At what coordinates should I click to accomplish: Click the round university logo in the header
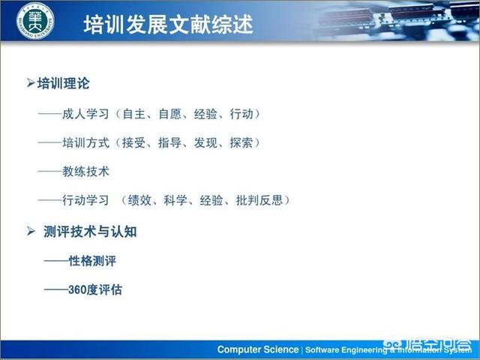[x=35, y=21]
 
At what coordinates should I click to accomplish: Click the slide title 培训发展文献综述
[x=168, y=24]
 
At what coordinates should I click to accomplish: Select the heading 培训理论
[x=63, y=83]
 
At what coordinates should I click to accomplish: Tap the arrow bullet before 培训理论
[x=30, y=82]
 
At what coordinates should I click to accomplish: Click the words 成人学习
[x=85, y=114]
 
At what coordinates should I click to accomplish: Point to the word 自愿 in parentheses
[x=170, y=114]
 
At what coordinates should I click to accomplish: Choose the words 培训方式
[x=85, y=142]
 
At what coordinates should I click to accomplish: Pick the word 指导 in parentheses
[x=169, y=142]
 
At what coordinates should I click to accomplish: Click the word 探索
[x=241, y=142]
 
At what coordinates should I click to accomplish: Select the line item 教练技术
[x=85, y=172]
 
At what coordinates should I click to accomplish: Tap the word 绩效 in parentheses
[x=139, y=200]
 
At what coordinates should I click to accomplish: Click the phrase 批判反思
[x=259, y=200]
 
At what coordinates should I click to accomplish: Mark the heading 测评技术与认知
[x=90, y=232]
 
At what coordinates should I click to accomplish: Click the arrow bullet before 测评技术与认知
[x=31, y=231]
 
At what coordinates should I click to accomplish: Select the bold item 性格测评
[x=92, y=261]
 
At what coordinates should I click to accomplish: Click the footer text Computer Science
[x=258, y=349]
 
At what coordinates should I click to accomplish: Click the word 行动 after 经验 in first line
[x=241, y=114]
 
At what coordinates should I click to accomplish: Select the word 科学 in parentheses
[x=175, y=200]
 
